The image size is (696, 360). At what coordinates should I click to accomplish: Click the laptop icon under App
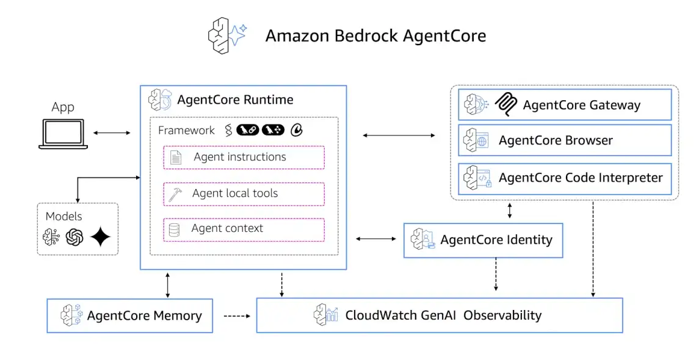click(63, 134)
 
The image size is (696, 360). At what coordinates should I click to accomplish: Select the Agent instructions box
click(244, 157)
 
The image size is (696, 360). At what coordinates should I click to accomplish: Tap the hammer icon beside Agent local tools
click(175, 194)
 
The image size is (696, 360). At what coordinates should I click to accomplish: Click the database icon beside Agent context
click(175, 230)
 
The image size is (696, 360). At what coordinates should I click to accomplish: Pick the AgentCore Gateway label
click(581, 105)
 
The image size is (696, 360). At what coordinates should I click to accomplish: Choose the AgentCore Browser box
click(565, 140)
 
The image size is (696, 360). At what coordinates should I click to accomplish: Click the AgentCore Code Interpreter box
click(565, 178)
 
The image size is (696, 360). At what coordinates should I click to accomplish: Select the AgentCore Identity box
click(483, 240)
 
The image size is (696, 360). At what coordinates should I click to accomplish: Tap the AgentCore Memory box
click(130, 315)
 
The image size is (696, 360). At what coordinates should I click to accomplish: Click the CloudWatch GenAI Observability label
click(443, 315)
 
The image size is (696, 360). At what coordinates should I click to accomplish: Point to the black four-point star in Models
click(100, 237)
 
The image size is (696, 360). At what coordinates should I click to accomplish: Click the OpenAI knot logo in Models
click(74, 237)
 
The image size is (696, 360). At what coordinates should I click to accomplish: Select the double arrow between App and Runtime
click(112, 132)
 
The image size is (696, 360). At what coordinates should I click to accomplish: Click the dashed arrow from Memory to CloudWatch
click(237, 316)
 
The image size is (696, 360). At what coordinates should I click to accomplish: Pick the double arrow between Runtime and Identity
click(375, 239)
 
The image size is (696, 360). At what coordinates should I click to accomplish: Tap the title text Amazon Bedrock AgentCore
click(375, 36)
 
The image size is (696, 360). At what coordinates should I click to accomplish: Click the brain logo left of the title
click(226, 35)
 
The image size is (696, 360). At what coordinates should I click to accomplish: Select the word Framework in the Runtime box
click(186, 131)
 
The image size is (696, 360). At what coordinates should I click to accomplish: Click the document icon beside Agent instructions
click(175, 157)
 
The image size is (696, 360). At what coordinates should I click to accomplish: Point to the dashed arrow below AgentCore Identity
click(496, 275)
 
